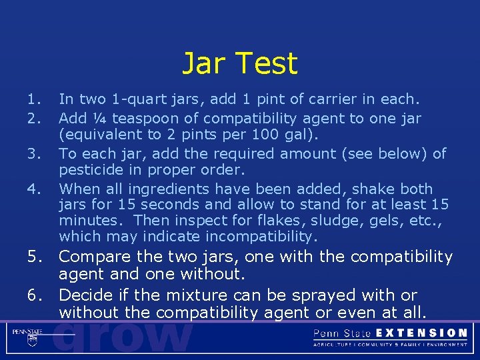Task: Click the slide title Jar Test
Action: (x=240, y=64)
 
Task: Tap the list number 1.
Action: (x=34, y=100)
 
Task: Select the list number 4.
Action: (x=34, y=189)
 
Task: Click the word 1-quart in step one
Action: (x=133, y=100)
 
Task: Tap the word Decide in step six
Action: (x=86, y=295)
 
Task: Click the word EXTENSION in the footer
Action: (x=421, y=333)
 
